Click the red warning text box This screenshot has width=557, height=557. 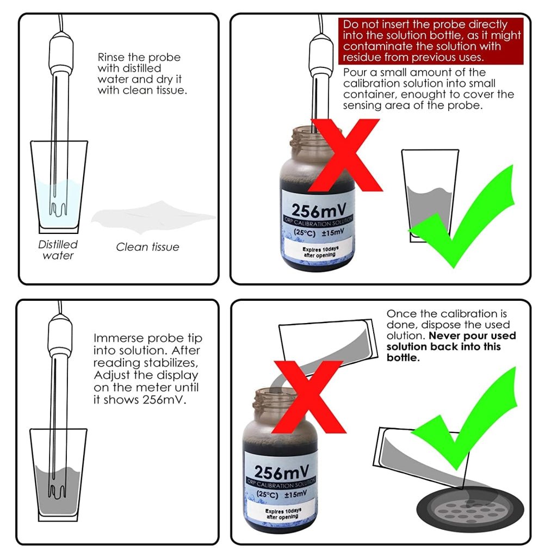[431, 41]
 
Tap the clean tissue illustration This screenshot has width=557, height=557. [153, 218]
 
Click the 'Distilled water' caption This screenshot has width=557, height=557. [58, 250]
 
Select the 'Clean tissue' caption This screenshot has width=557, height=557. [147, 247]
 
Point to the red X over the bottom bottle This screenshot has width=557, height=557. [308, 397]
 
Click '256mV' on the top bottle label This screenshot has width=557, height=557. [319, 211]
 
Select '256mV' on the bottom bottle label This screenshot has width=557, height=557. [281, 472]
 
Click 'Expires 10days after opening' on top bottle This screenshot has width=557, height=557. [319, 252]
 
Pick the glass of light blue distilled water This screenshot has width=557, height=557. [59, 187]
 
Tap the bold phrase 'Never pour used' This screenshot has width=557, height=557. [473, 336]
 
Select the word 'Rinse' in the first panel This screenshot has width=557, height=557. [111, 57]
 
